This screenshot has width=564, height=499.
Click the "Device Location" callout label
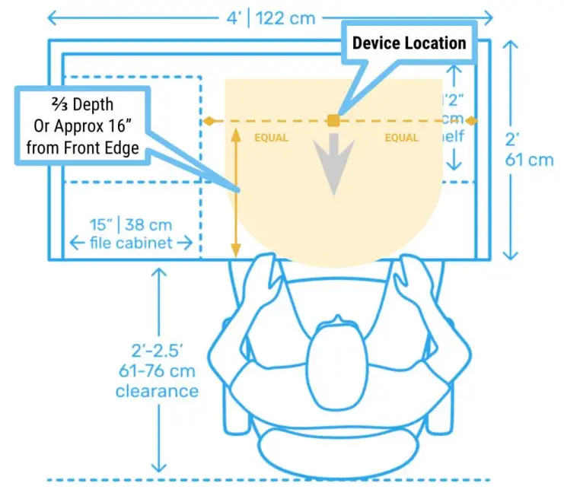tap(409, 43)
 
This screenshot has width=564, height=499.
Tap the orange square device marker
tap(333, 120)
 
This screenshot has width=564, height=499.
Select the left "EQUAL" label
tap(271, 138)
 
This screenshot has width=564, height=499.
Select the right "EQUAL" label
tap(401, 138)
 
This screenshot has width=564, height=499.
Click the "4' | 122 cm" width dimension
tap(269, 17)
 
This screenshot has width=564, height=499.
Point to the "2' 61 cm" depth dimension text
tap(530, 151)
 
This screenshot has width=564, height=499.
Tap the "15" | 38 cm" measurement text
tap(130, 225)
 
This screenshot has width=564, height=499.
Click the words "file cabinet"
tap(131, 243)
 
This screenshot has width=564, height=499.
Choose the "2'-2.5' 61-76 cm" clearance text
tap(157, 361)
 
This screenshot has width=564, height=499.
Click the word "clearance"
tap(157, 391)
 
